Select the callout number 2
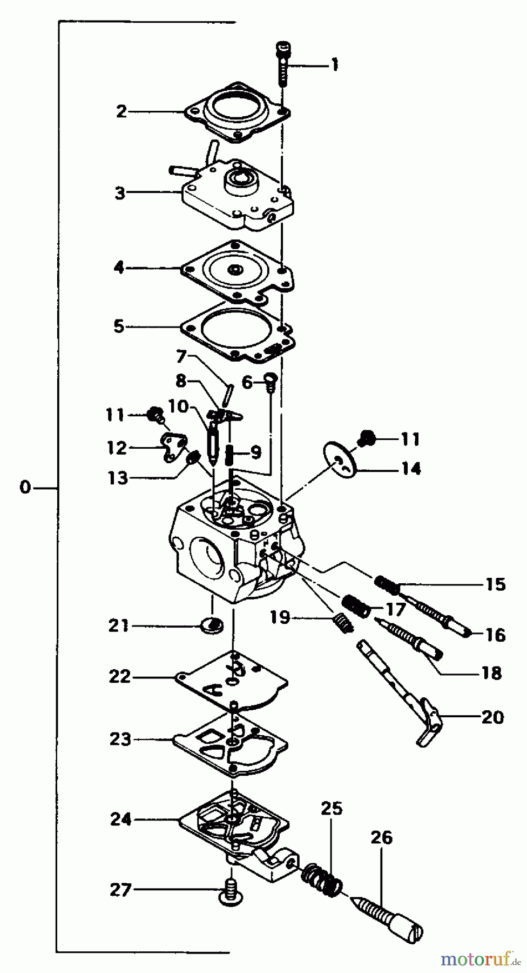pos(121,112)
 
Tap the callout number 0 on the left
pos(25,488)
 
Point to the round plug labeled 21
pos(212,625)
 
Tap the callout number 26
pos(381,838)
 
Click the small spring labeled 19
pos(342,623)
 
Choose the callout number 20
pos(492,717)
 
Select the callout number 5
pos(119,326)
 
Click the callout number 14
pos(411,468)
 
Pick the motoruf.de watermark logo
pos(475,959)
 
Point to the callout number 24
pos(121,819)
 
